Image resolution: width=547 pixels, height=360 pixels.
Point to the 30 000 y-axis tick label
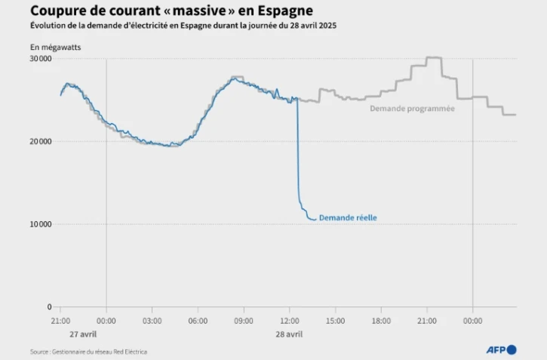click(41, 59)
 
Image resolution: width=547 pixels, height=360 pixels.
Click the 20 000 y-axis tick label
click(41, 142)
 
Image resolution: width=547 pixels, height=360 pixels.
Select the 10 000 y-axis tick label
click(41, 224)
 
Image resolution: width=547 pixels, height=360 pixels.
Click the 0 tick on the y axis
click(49, 307)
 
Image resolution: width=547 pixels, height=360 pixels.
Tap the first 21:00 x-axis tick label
click(60, 321)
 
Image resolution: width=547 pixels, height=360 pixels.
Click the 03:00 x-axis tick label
click(152, 321)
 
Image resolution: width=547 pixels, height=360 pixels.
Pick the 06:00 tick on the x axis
click(198, 321)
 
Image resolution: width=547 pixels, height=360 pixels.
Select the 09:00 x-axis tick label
click(244, 321)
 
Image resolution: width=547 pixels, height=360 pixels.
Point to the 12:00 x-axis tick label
click(290, 321)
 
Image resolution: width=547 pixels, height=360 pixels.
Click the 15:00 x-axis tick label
click(335, 321)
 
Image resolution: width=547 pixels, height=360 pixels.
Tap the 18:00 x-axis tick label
click(381, 321)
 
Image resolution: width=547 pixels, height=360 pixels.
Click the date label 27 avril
click(83, 334)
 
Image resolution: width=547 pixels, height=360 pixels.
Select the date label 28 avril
click(289, 334)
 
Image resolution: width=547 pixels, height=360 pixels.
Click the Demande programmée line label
click(412, 109)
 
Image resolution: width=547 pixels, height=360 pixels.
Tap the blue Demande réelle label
click(348, 218)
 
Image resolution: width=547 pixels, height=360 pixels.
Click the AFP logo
click(502, 349)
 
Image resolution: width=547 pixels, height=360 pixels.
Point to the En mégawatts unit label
click(56, 48)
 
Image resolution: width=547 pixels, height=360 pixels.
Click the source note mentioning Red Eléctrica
click(89, 352)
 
